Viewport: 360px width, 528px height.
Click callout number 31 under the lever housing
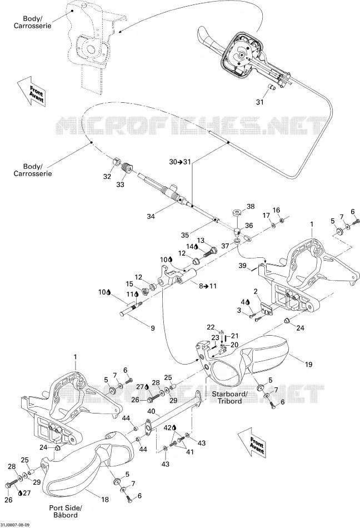pyautogui.click(x=260, y=102)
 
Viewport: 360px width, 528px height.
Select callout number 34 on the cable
pyautogui.click(x=151, y=216)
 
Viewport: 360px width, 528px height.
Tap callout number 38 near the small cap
pyautogui.click(x=251, y=206)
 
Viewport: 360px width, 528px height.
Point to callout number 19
pyautogui.click(x=308, y=364)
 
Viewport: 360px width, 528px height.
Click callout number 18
pyautogui.click(x=105, y=500)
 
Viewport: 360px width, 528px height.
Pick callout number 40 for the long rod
pyautogui.click(x=151, y=411)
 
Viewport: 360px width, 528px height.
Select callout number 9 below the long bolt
pyautogui.click(x=152, y=328)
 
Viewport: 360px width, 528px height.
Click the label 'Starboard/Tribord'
pyautogui.click(x=229, y=397)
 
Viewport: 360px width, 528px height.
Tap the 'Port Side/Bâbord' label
pyautogui.click(x=66, y=511)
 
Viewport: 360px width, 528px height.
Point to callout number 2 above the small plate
pyautogui.click(x=256, y=291)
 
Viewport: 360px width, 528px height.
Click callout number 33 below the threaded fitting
pyautogui.click(x=120, y=184)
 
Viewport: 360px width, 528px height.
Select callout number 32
pyautogui.click(x=107, y=176)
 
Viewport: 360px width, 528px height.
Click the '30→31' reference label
pyautogui.click(x=179, y=162)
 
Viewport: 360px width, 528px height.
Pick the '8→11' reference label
pyautogui.click(x=208, y=286)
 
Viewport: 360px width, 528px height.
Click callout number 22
pyautogui.click(x=211, y=327)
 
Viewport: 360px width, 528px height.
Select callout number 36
pyautogui.click(x=249, y=225)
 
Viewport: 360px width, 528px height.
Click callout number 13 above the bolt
pyautogui.click(x=201, y=241)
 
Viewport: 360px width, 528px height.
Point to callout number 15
pyautogui.click(x=129, y=284)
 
